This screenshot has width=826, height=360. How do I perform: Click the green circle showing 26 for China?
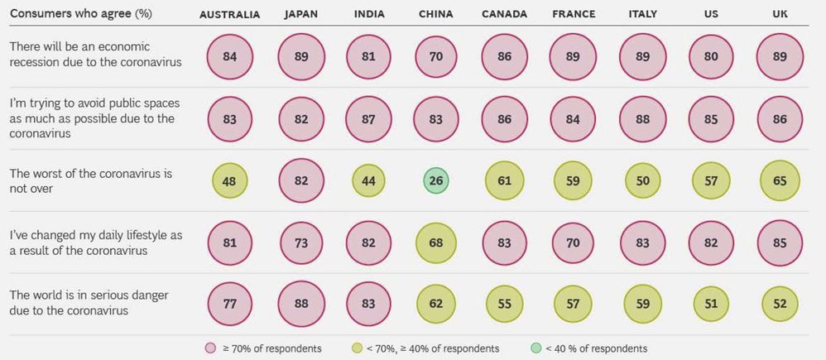[x=435, y=181]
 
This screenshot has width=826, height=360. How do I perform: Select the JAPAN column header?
[x=300, y=15]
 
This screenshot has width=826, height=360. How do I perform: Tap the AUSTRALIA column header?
[x=229, y=15]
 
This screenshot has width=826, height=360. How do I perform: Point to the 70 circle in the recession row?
[x=435, y=57]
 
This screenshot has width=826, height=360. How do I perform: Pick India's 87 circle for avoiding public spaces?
[x=368, y=119]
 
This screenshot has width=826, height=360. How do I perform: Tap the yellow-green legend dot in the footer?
[x=357, y=348]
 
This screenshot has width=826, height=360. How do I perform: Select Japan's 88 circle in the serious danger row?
[x=300, y=305]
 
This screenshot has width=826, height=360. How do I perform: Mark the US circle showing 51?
[x=709, y=305]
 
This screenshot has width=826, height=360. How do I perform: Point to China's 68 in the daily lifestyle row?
[x=435, y=243]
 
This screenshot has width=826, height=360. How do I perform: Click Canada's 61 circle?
[x=503, y=181]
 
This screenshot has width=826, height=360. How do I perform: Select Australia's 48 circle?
[x=230, y=181]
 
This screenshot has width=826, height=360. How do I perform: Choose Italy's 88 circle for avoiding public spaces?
[x=641, y=119]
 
